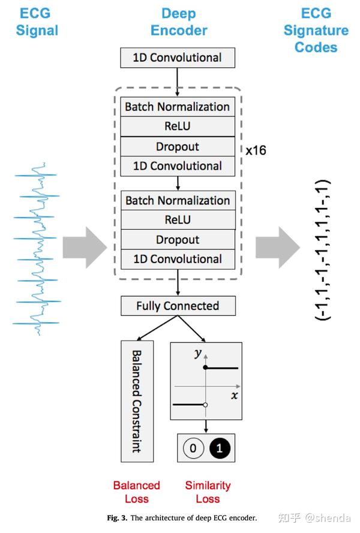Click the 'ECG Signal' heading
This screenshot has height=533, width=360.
pos(37,22)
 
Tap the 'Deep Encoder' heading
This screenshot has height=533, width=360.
pos(179,22)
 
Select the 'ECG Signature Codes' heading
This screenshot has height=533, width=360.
pos(316,30)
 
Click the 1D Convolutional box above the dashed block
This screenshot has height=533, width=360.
pos(178,58)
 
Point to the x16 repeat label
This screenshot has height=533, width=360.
pos(256,150)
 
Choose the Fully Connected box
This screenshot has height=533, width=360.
pos(178,306)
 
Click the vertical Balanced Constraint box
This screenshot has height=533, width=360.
pos(137,400)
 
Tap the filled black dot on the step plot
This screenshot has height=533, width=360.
pos(206,367)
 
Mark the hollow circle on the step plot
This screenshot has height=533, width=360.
pos(206,405)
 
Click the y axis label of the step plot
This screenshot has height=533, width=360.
pos(197,353)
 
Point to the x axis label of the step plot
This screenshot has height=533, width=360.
pos(234,395)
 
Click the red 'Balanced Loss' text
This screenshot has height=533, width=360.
pos(136,492)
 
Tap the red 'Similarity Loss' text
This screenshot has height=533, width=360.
pos(208,492)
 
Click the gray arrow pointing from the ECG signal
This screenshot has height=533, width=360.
pos(84,246)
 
